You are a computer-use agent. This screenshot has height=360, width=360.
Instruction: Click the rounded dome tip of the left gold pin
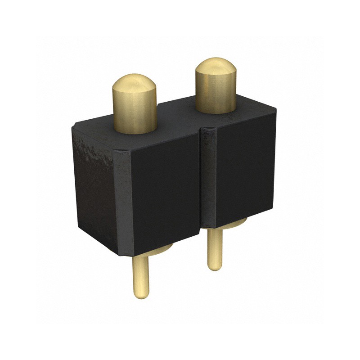pyautogui.click(x=134, y=84)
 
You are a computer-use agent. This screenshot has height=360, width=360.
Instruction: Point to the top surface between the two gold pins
pyautogui.click(x=175, y=119)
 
